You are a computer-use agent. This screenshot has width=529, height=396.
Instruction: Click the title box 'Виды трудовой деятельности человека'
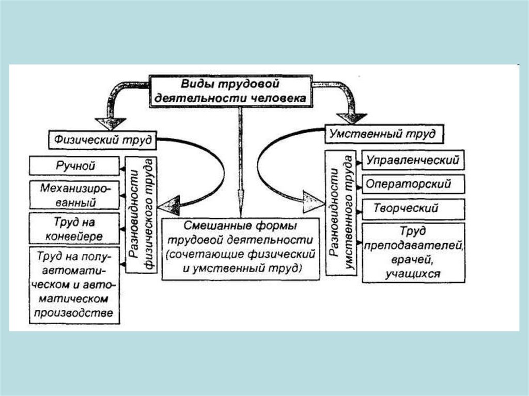(230, 91)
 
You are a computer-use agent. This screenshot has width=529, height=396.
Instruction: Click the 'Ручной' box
(76, 166)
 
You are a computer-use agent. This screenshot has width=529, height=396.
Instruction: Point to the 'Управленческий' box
(412, 160)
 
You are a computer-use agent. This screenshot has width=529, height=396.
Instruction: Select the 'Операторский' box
(412, 184)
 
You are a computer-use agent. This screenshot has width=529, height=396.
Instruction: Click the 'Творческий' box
(412, 209)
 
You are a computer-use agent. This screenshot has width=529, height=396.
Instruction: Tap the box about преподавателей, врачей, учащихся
(412, 252)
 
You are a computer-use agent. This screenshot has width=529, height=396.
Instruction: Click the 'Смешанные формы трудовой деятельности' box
(240, 248)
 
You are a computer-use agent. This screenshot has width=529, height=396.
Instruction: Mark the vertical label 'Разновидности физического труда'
(141, 212)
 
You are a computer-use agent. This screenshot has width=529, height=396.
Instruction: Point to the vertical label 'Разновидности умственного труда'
(341, 212)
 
